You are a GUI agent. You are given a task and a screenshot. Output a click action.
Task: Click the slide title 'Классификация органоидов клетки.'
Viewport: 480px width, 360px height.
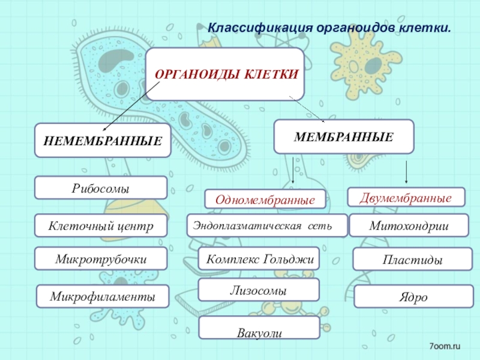(329, 28)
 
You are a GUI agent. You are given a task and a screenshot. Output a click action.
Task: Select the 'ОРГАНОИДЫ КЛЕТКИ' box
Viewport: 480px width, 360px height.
(226, 75)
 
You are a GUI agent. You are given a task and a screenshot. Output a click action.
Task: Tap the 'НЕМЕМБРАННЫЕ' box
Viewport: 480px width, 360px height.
(103, 142)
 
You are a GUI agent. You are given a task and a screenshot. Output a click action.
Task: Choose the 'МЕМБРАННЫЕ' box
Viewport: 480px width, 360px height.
(344, 136)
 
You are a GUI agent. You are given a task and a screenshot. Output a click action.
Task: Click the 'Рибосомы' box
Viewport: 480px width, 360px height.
(101, 188)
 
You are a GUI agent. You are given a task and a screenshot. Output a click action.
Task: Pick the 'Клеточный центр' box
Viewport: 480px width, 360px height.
(101, 226)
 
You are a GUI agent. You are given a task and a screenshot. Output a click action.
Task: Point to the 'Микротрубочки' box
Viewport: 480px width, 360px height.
(101, 258)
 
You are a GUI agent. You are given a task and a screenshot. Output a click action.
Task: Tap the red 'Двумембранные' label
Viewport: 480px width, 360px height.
(407, 196)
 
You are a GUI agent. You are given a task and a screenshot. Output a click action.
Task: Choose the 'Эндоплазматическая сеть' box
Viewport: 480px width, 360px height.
(267, 225)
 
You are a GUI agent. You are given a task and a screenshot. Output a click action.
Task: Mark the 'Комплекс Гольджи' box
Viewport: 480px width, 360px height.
(259, 259)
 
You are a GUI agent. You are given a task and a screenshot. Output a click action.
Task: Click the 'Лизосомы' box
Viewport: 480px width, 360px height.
(259, 290)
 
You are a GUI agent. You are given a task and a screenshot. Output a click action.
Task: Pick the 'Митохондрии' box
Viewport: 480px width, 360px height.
(410, 225)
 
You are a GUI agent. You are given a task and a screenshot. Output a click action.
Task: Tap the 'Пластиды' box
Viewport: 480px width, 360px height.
(413, 260)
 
